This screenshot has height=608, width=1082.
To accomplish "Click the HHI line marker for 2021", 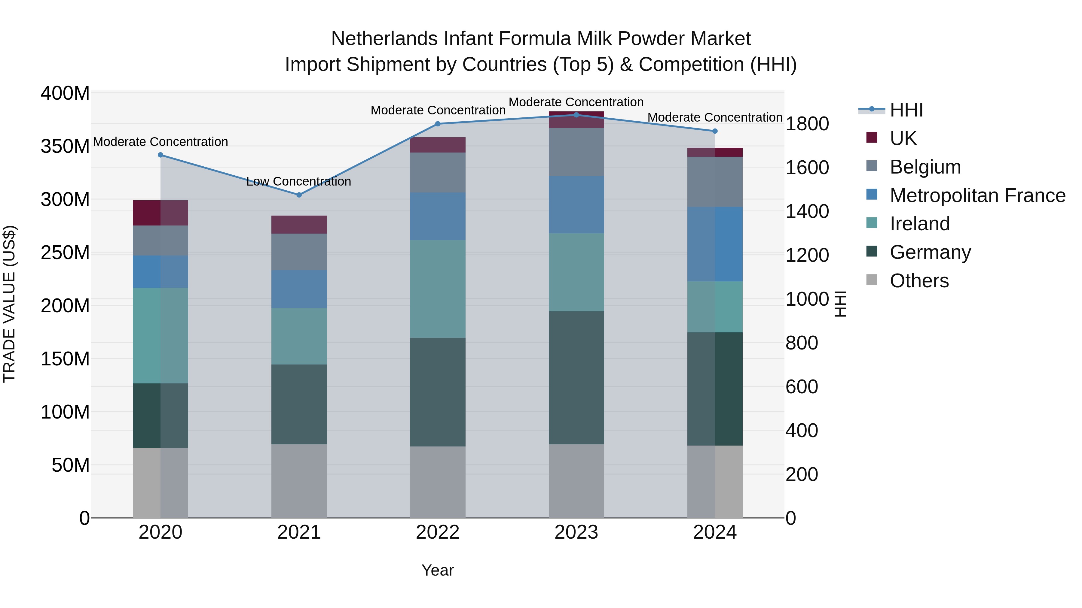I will tap(299, 195).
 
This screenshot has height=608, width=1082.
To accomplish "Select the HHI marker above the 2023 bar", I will tap(576, 115).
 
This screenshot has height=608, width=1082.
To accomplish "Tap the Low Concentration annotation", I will tap(299, 181).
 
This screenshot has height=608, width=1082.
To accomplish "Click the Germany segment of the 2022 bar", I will tap(438, 392).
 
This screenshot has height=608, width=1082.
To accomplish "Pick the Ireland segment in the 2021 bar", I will tap(299, 336).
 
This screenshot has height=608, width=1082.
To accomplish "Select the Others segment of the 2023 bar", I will tap(576, 481).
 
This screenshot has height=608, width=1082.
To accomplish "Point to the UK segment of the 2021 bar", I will tap(299, 225).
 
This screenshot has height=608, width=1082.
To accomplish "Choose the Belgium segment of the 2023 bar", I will tap(576, 152).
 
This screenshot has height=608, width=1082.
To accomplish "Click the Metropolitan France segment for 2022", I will tap(438, 216).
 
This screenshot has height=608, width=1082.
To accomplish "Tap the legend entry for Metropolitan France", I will tap(977, 195).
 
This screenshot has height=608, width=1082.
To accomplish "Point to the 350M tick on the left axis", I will tap(65, 147).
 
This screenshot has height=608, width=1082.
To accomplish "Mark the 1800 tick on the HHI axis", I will tap(807, 124).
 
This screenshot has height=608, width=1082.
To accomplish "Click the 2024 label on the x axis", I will tap(715, 532).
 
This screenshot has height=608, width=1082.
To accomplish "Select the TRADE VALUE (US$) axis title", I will tap(9, 304).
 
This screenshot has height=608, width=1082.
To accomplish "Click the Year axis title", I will tap(438, 570).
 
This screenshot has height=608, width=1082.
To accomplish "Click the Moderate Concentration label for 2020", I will tap(160, 142).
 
